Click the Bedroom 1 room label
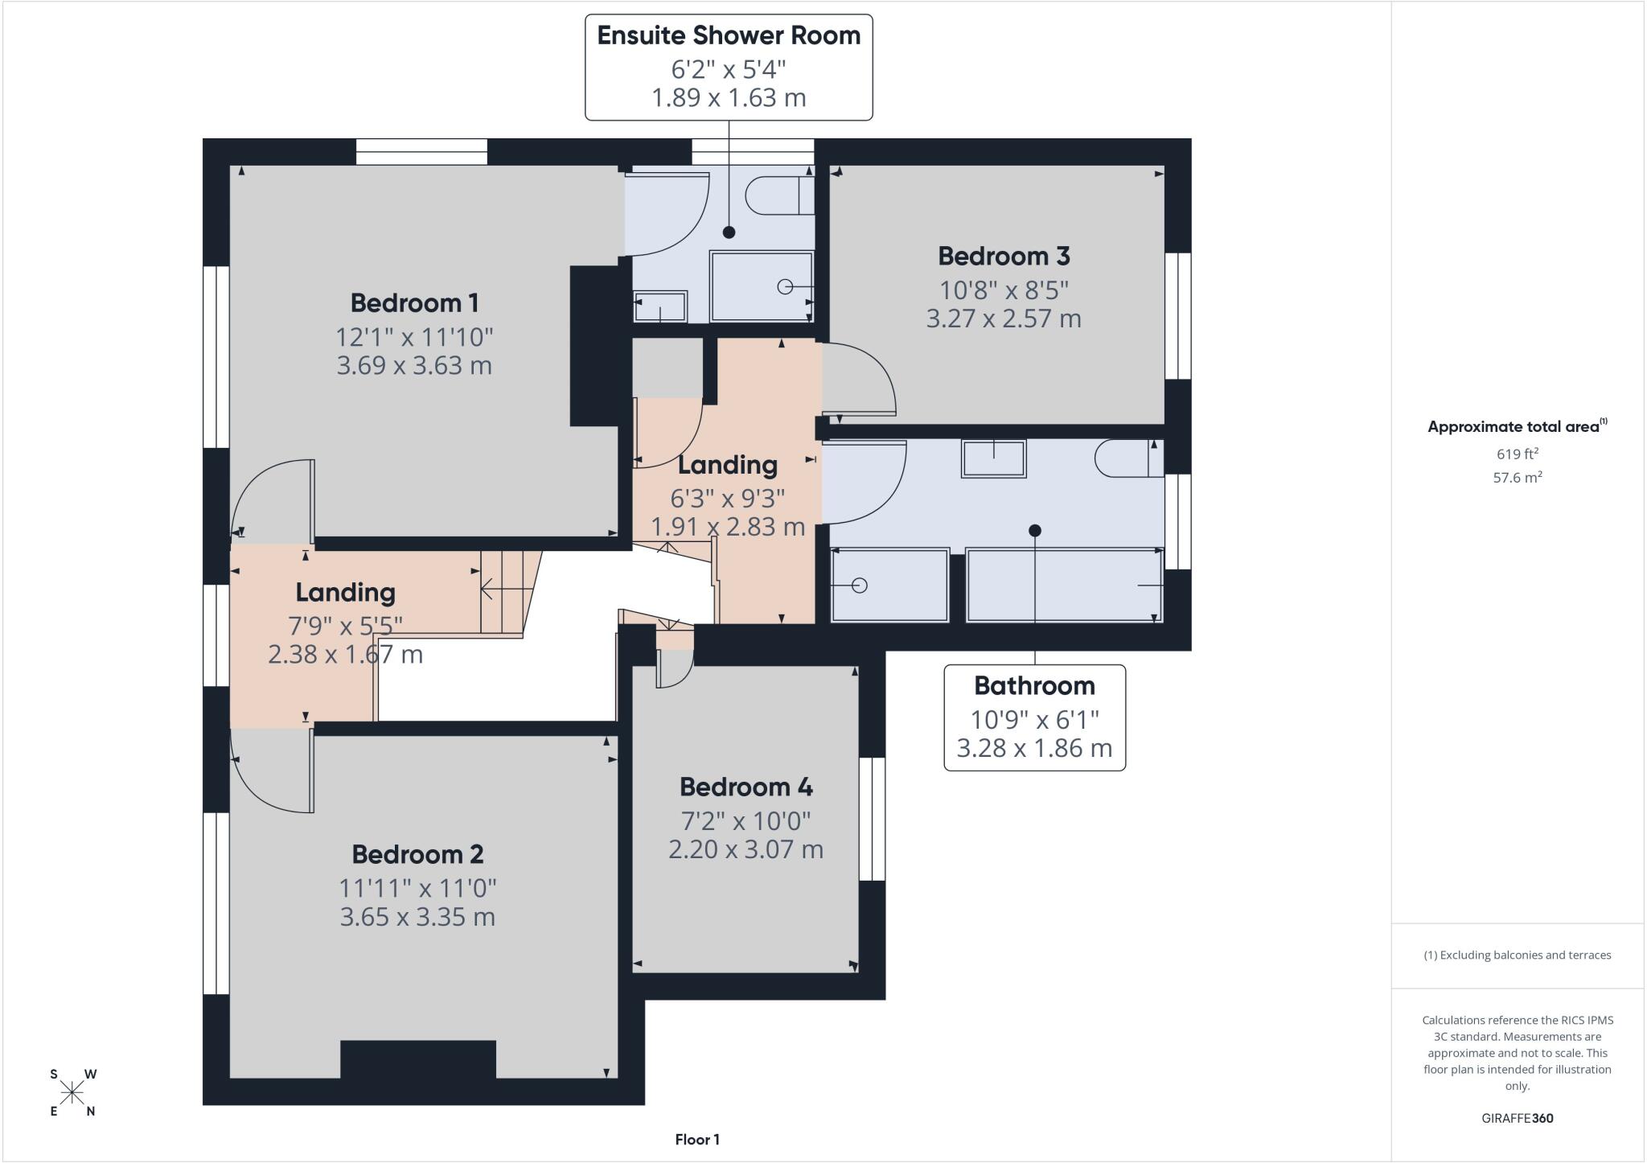click(x=414, y=303)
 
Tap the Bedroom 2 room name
click(x=417, y=854)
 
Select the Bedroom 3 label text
click(x=1004, y=257)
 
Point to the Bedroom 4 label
click(x=746, y=787)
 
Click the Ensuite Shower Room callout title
click(x=729, y=35)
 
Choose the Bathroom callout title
click(x=1034, y=686)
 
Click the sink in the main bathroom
click(x=994, y=458)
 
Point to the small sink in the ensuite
click(x=660, y=306)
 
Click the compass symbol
click(x=73, y=1092)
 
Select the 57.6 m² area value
click(x=1517, y=477)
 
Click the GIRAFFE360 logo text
click(x=1517, y=1118)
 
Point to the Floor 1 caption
click(x=697, y=1140)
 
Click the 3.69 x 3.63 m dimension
click(x=414, y=365)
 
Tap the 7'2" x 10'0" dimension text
click(x=746, y=821)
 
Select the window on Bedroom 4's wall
click(x=873, y=819)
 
